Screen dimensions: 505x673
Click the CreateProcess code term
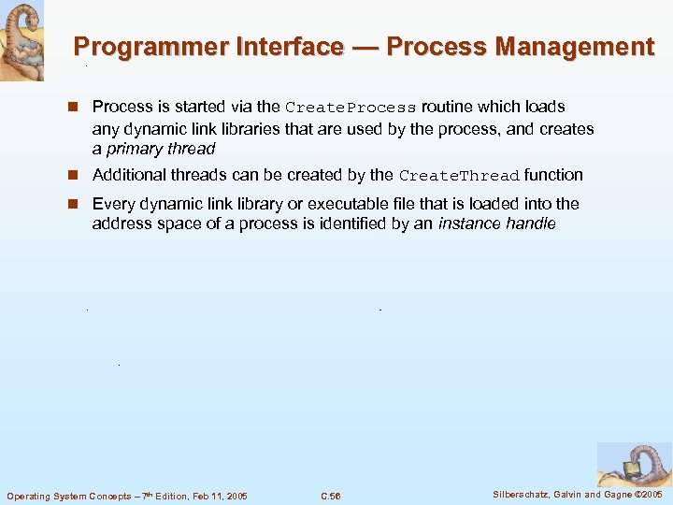point(351,108)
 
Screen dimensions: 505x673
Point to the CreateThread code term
point(459,176)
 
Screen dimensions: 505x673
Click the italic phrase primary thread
point(162,149)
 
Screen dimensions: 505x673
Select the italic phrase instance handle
point(496,224)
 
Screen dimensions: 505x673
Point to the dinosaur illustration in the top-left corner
point(21,40)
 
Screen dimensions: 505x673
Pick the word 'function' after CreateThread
point(553,175)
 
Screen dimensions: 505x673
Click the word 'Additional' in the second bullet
point(128,175)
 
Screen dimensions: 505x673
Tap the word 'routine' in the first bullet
point(448,107)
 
